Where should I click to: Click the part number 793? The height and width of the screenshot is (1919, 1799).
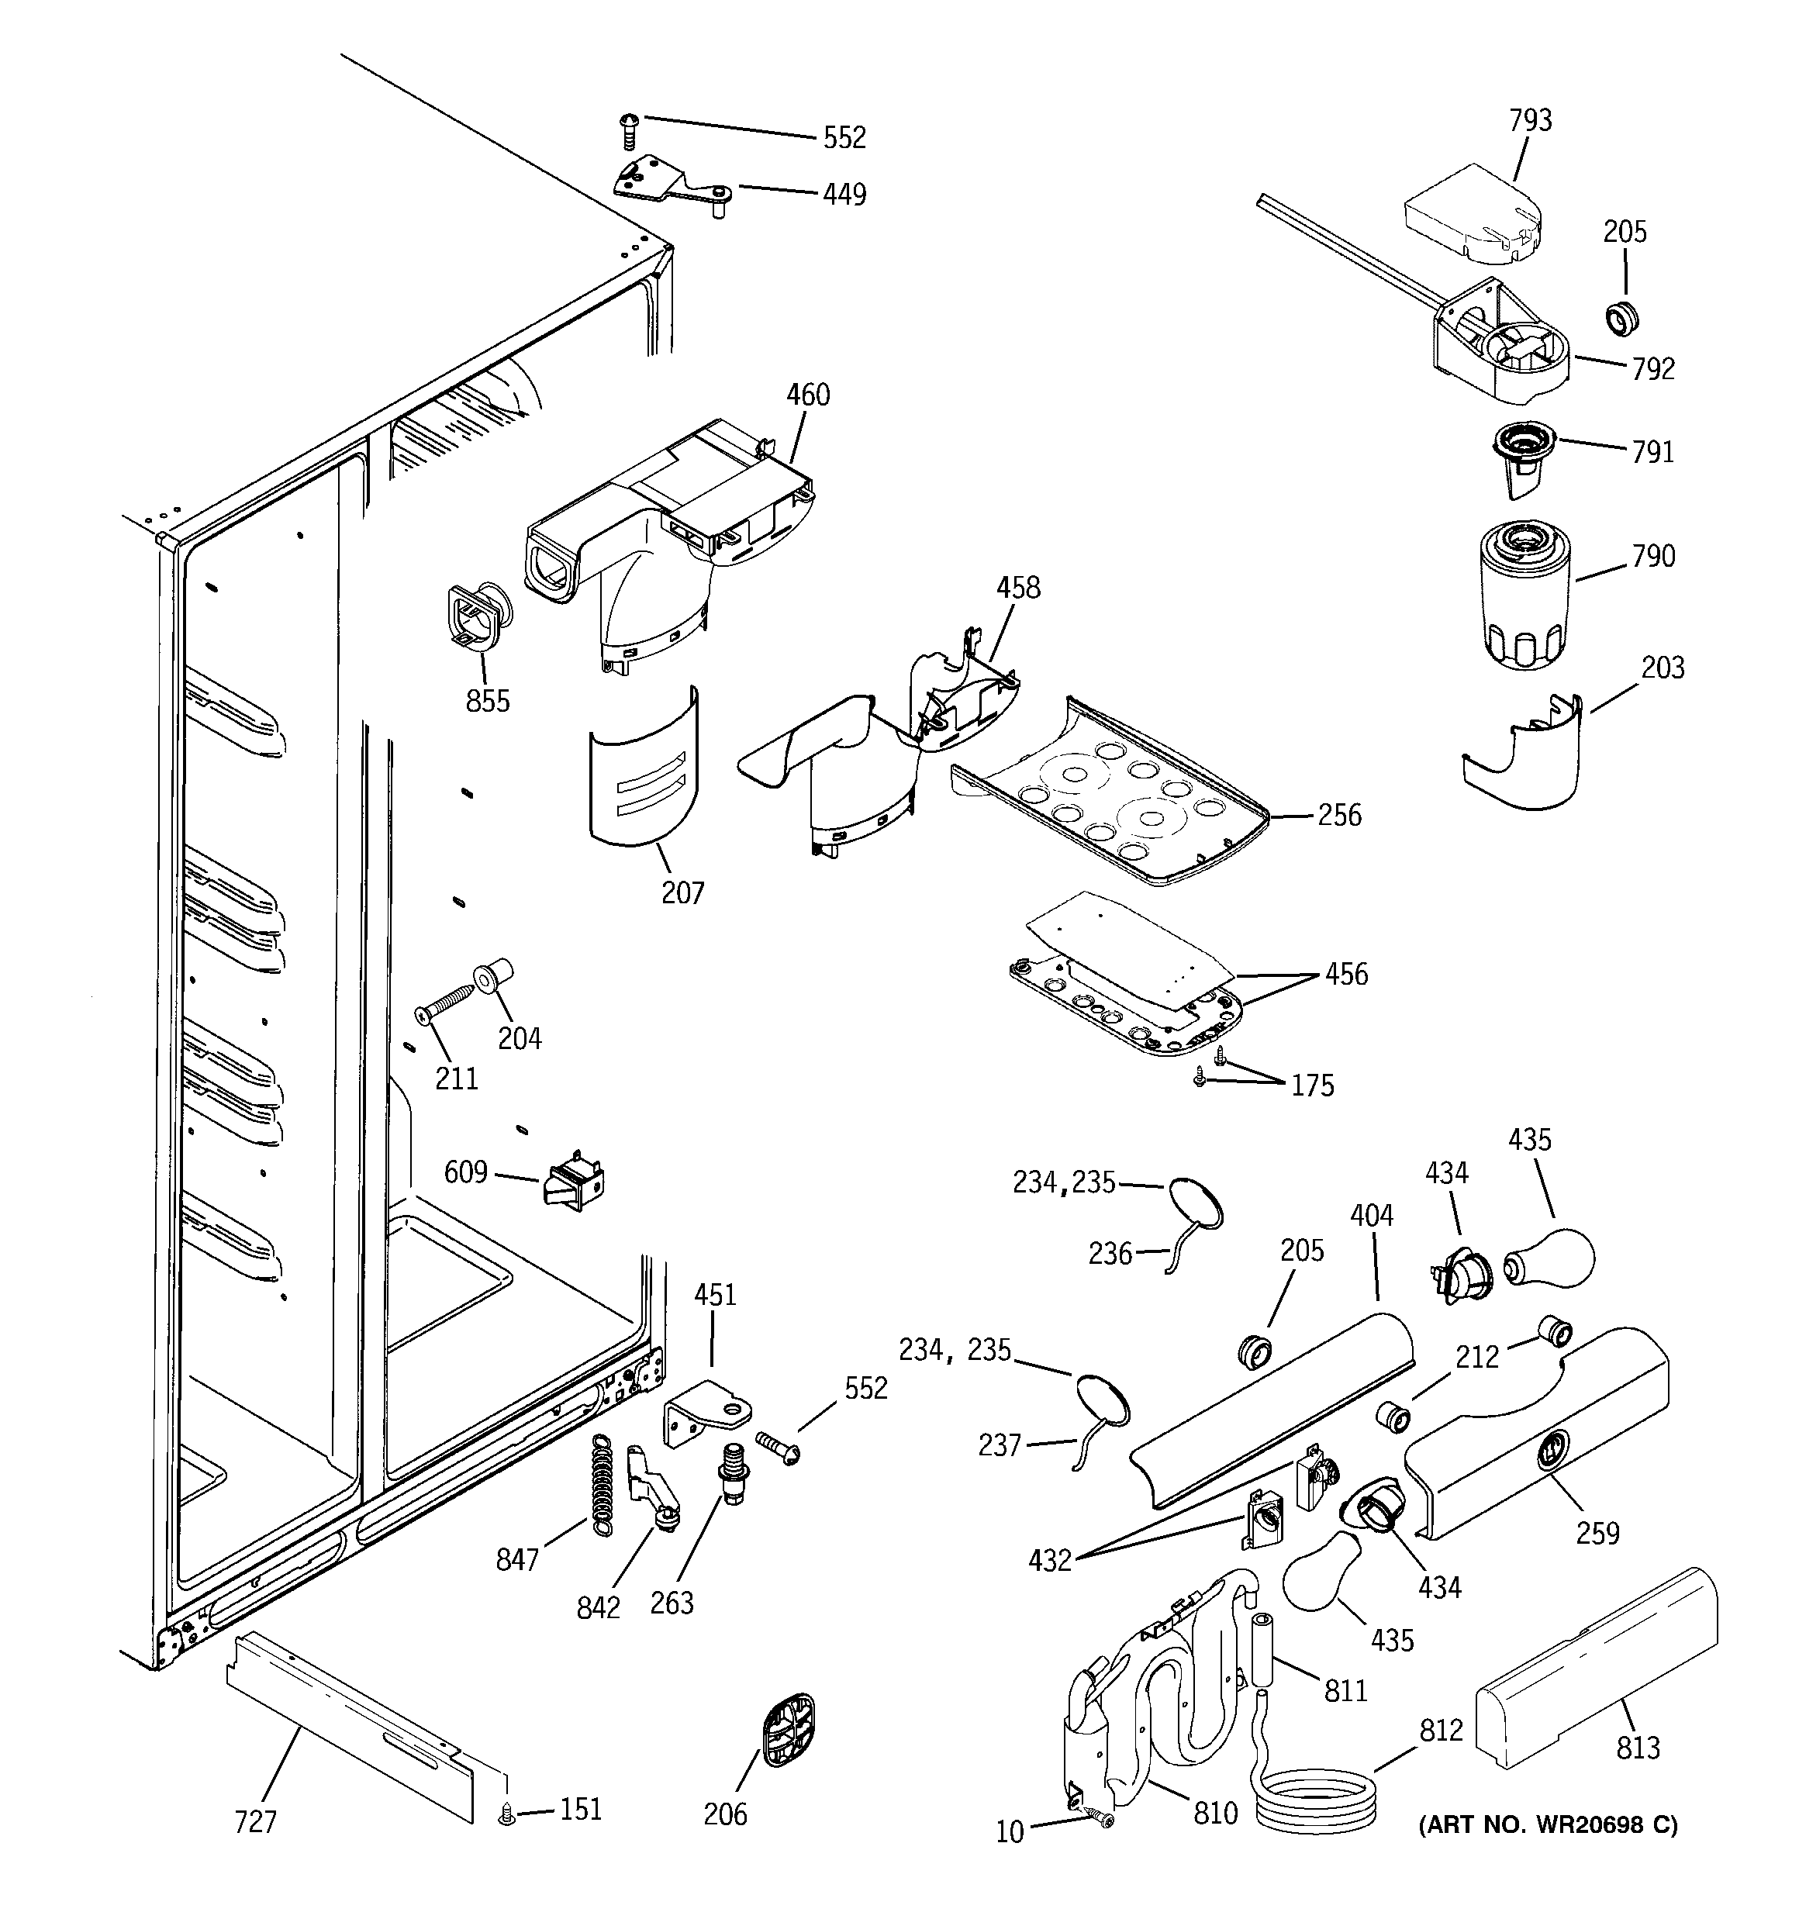coord(1530,121)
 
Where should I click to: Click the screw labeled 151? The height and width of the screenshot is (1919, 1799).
coord(504,1817)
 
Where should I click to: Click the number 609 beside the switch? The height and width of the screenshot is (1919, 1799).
coord(465,1173)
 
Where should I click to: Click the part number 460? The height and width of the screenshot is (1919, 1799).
coord(807,395)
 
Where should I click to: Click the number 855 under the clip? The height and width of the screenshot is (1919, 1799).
coord(488,701)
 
